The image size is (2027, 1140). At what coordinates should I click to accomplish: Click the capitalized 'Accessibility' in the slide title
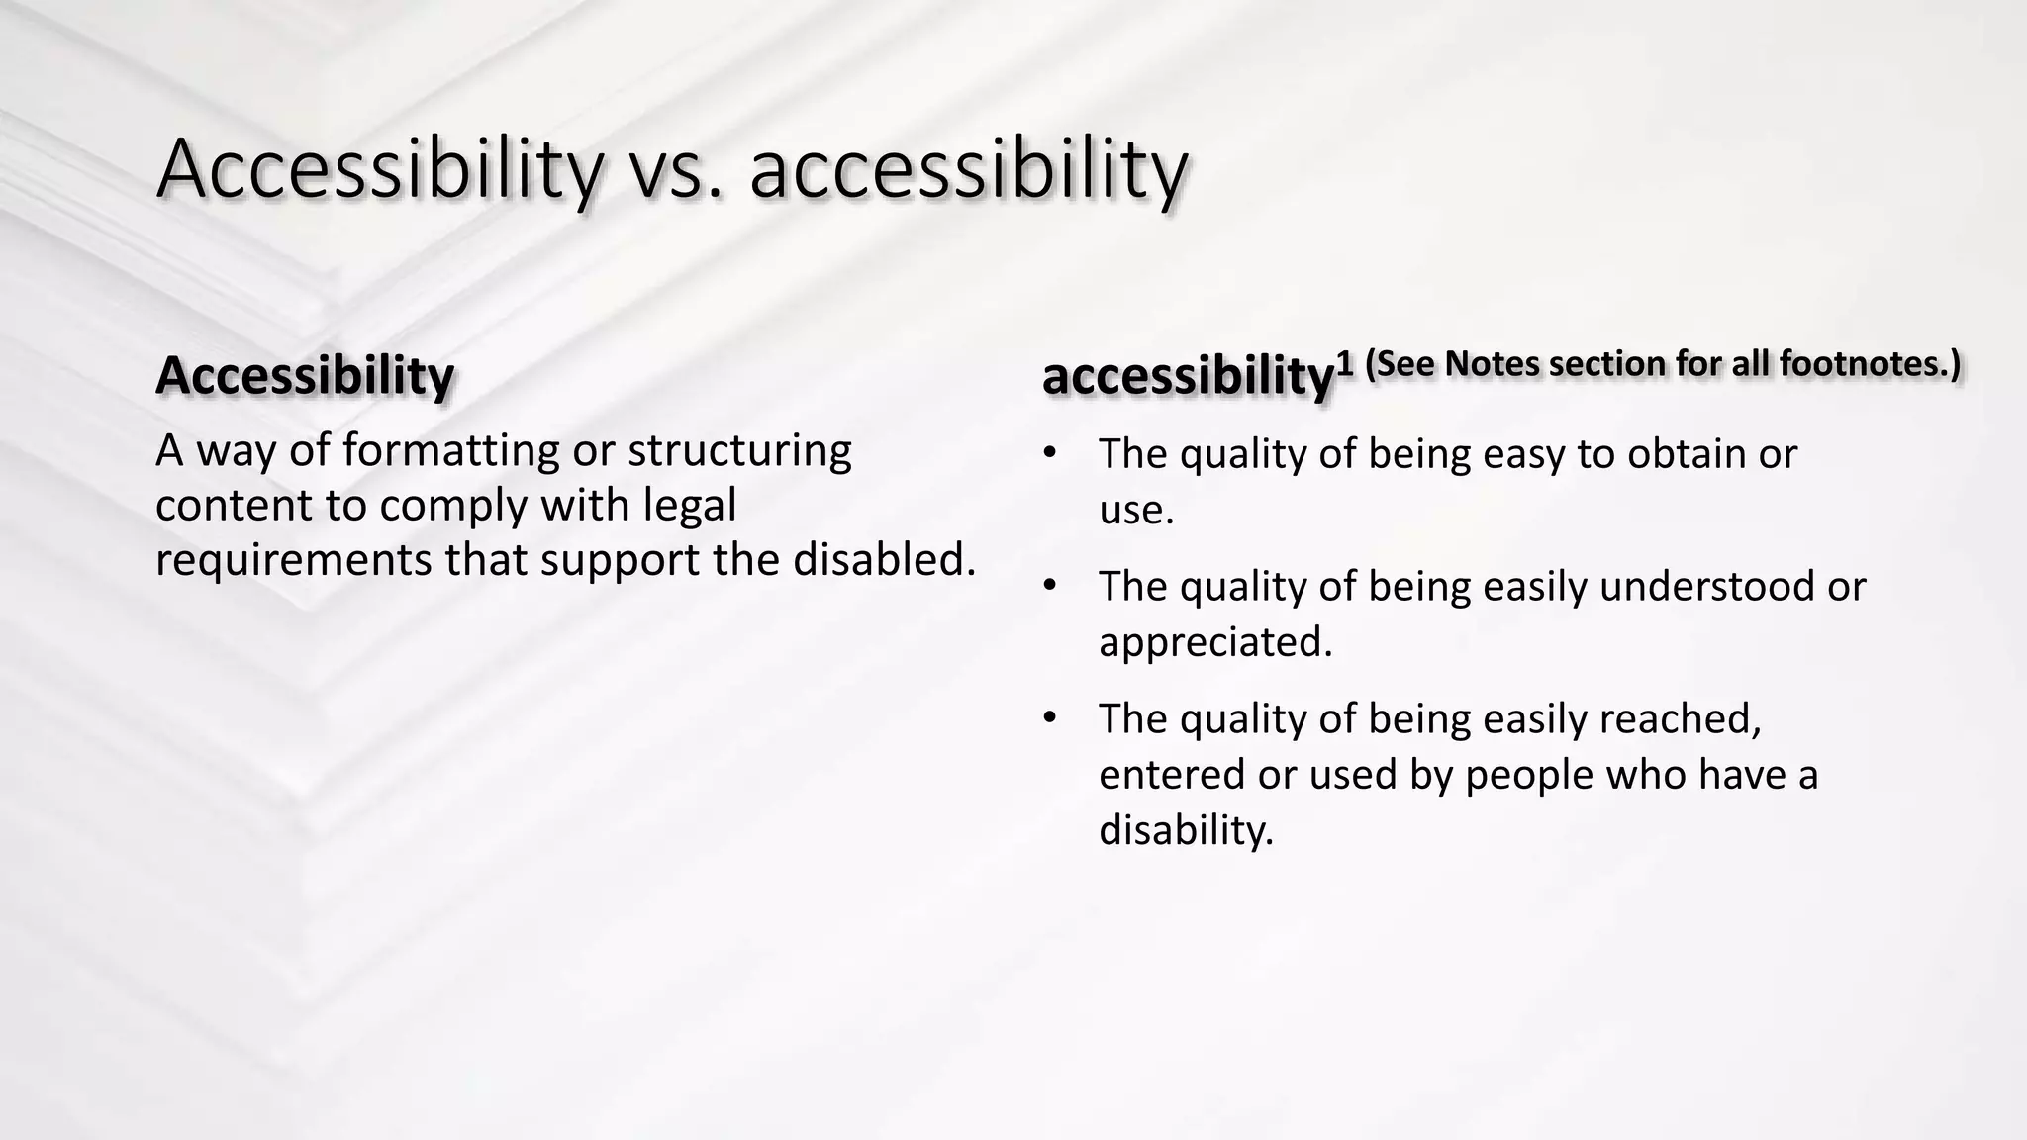pos(379,170)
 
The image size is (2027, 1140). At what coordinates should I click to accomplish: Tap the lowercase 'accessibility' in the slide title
pos(967,170)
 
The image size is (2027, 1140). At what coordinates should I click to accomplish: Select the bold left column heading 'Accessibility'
pos(305,376)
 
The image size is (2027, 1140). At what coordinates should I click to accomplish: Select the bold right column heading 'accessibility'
pos(1188,376)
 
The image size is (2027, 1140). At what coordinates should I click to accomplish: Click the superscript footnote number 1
pos(1344,364)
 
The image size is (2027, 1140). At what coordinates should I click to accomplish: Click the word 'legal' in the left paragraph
pos(690,506)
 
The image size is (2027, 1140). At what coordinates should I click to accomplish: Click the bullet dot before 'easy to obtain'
pos(1050,453)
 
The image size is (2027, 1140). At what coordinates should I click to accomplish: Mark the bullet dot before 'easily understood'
pos(1050,586)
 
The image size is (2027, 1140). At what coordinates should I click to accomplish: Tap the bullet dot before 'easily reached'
pos(1050,717)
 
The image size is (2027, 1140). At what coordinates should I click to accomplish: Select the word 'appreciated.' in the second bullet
pos(1215,643)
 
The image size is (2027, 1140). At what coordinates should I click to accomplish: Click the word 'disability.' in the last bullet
pos(1186,829)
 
